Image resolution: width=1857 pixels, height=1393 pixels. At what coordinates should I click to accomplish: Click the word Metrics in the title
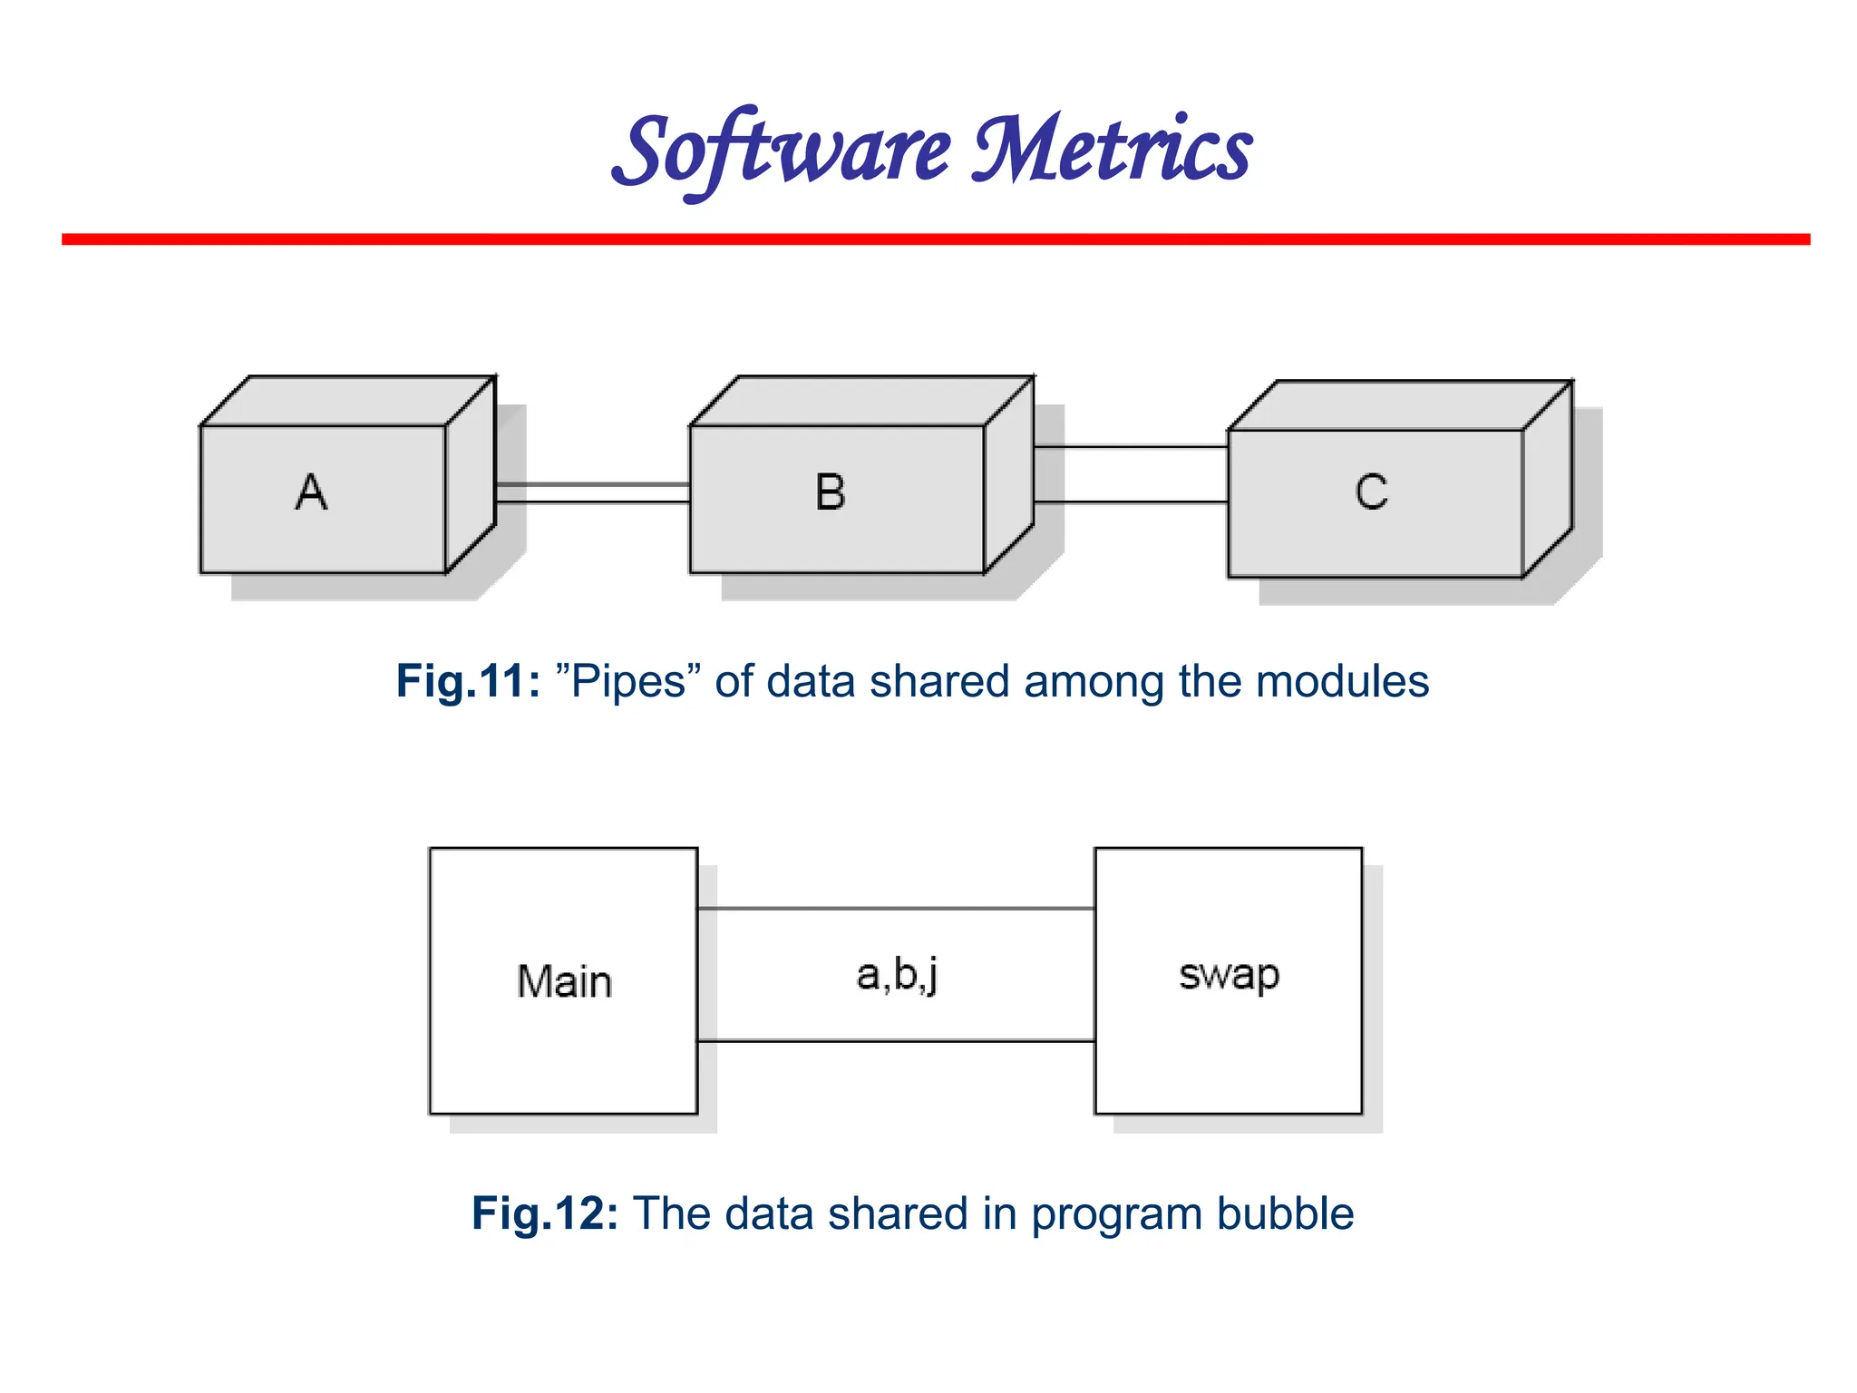coord(1112,150)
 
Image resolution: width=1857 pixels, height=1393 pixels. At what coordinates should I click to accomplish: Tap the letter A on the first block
coord(311,492)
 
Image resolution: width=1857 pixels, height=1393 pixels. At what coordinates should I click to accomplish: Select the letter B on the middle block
coord(830,492)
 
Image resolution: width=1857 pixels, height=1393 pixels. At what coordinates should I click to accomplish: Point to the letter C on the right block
coord(1371,492)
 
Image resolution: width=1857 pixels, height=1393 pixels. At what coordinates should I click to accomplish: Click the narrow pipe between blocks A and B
coord(593,492)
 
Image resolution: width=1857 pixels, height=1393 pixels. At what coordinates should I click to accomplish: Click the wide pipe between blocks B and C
coord(1131,474)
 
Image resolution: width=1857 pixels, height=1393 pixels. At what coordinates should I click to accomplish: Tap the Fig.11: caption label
coord(468,681)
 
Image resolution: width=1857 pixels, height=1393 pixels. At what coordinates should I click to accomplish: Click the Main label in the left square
coord(564,981)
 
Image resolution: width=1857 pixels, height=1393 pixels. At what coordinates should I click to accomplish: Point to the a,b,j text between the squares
coord(897,975)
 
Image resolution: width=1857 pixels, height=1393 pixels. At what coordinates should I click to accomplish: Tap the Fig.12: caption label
coord(544,1213)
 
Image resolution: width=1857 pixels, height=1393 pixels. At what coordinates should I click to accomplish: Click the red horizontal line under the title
coord(936,239)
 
